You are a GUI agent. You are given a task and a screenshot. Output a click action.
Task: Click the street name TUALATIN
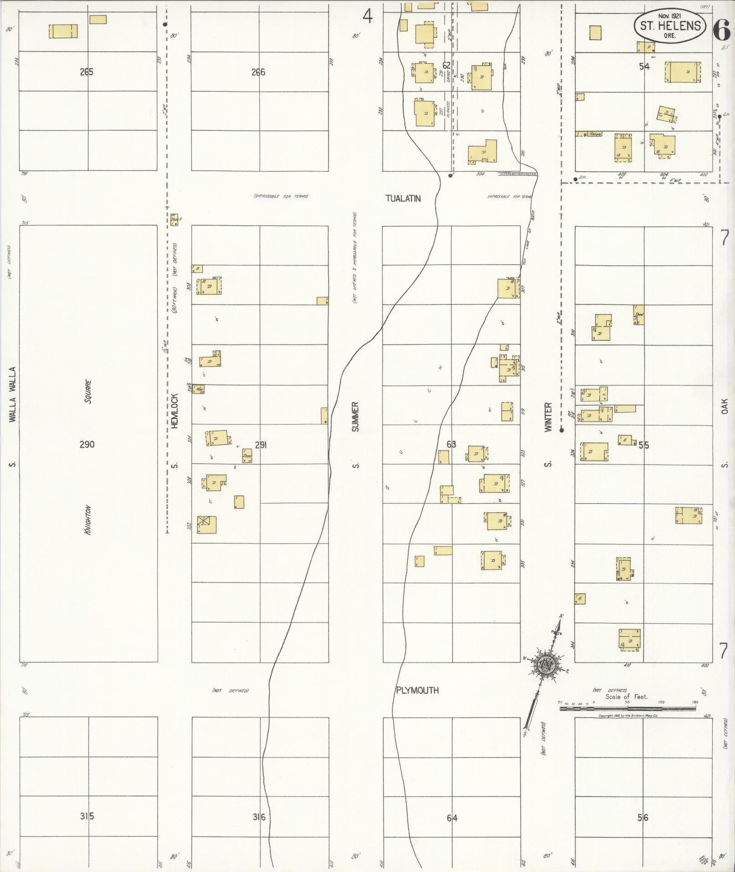[403, 199]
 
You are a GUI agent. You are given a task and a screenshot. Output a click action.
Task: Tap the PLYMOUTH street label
[417, 690]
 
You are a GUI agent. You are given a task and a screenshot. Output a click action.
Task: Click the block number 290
[87, 444]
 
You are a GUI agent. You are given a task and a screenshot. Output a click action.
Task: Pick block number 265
[86, 72]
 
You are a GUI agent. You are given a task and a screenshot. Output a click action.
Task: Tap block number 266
[258, 72]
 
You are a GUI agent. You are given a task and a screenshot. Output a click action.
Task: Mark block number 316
[258, 817]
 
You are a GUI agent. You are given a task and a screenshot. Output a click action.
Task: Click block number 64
[452, 818]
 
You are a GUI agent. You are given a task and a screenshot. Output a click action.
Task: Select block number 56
[642, 818]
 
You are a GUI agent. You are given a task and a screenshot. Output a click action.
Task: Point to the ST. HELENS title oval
[670, 26]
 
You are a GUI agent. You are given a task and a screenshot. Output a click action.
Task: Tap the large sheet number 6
[722, 31]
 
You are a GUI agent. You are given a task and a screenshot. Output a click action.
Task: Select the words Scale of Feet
[627, 697]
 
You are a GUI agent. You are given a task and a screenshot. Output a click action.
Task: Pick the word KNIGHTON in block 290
[87, 520]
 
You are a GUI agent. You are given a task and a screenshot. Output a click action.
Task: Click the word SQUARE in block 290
[88, 392]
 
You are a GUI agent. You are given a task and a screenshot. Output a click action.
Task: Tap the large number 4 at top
[367, 17]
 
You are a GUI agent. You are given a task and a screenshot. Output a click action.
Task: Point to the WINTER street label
[548, 417]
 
